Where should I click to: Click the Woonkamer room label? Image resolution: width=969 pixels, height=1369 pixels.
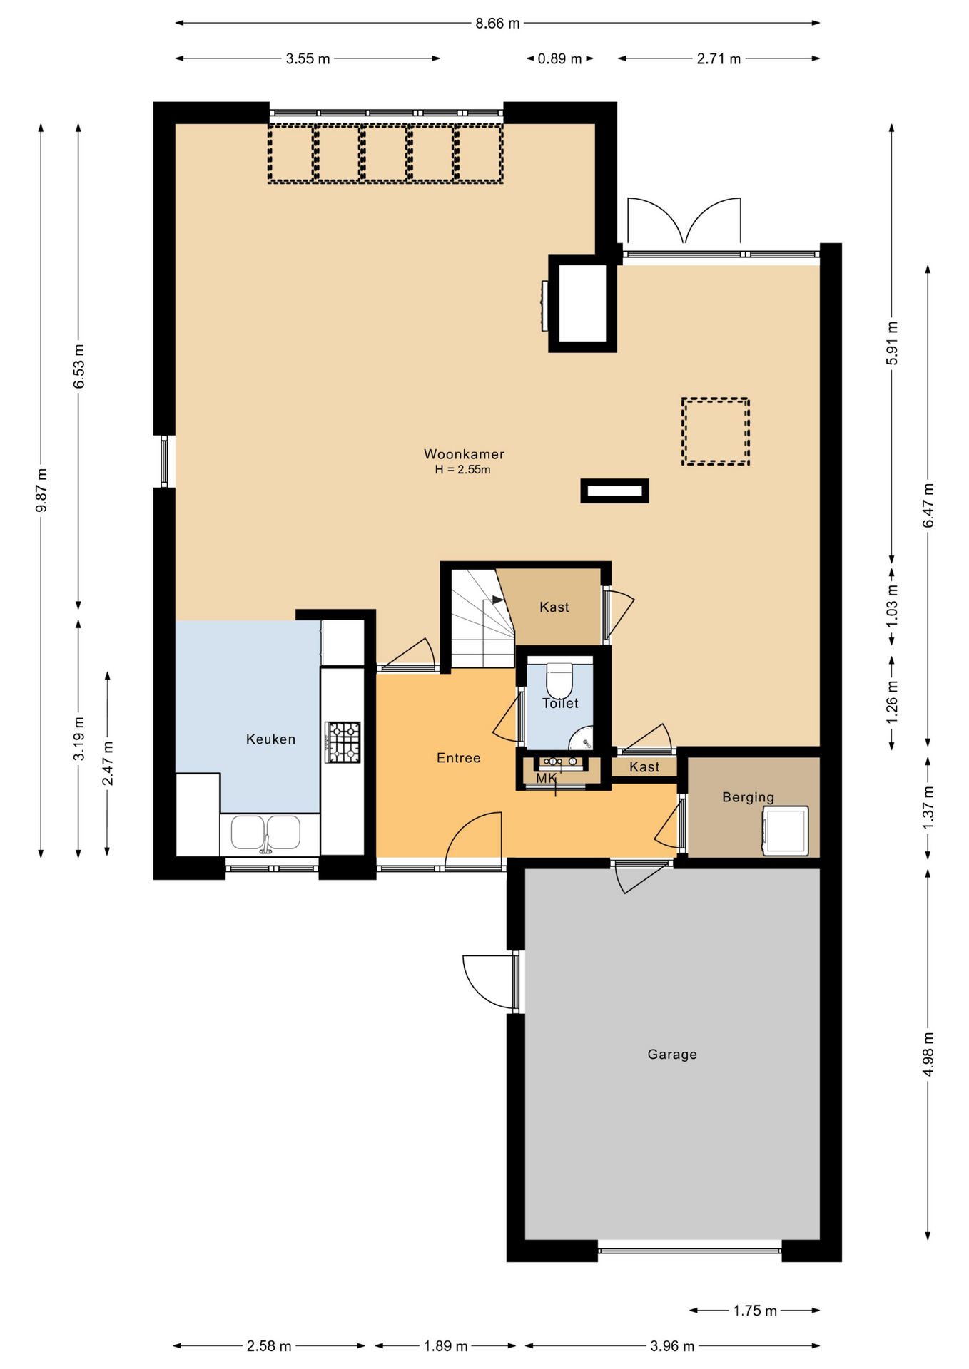(x=464, y=454)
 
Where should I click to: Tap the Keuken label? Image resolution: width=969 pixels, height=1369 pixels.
(x=270, y=739)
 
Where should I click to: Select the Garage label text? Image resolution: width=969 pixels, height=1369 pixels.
(x=672, y=1054)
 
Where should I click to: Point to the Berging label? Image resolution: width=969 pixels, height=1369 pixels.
(x=748, y=798)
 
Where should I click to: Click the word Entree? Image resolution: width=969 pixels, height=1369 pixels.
(x=459, y=758)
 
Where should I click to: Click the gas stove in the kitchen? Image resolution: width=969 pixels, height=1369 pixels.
(x=343, y=742)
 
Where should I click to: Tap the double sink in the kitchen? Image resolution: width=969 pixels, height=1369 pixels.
(x=265, y=833)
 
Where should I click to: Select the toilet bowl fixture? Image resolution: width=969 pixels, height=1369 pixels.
(x=559, y=680)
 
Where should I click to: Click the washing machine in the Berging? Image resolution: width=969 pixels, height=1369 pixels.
(x=785, y=831)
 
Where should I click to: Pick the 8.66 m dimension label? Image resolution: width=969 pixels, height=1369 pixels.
(x=497, y=24)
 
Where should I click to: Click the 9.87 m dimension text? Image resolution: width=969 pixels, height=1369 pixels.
(x=41, y=490)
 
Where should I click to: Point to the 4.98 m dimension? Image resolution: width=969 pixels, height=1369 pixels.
(x=928, y=1055)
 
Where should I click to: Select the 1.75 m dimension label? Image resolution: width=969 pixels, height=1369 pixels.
(x=755, y=1311)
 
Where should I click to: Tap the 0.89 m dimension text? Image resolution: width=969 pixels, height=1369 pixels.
(x=559, y=59)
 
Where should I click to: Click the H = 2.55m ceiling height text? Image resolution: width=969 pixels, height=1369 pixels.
(x=463, y=470)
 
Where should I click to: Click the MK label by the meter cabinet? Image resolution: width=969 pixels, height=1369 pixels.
(x=546, y=779)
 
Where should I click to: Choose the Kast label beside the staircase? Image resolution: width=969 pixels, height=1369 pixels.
(x=554, y=607)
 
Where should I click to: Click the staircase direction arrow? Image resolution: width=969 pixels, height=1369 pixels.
(x=498, y=600)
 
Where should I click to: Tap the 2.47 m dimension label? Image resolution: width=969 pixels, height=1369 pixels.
(x=107, y=763)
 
